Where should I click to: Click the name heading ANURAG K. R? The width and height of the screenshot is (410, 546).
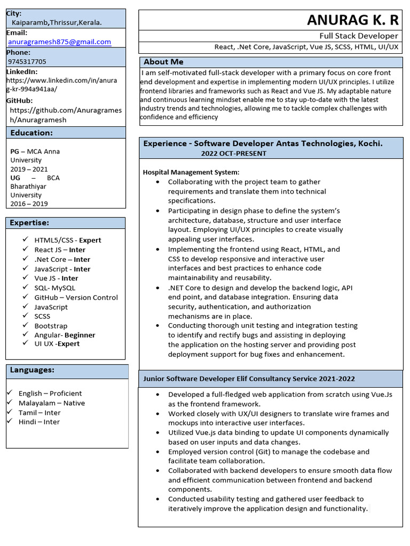click(352, 20)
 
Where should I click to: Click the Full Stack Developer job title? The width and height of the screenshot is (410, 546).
click(358, 36)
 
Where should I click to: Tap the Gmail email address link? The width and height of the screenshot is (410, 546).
click(59, 42)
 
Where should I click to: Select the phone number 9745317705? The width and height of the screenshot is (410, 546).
click(27, 61)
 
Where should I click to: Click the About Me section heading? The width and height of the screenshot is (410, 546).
click(163, 62)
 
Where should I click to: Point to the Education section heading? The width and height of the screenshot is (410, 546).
click(31, 133)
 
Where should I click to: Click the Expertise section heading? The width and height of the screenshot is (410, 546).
click(29, 223)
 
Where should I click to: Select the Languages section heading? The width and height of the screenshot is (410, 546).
click(32, 370)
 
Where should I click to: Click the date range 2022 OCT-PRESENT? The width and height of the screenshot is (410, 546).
click(234, 154)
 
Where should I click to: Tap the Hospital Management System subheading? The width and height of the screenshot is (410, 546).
click(191, 172)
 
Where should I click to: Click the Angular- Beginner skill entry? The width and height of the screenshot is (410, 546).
click(65, 335)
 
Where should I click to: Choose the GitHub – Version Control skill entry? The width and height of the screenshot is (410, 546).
click(76, 298)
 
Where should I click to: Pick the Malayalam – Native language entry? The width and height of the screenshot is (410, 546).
click(52, 403)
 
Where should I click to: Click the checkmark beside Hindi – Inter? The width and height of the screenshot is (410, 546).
click(10, 421)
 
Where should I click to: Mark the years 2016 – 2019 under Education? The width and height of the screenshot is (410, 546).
click(29, 204)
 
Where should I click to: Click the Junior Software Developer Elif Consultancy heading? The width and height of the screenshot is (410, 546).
click(249, 379)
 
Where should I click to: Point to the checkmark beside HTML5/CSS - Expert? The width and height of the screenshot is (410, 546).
click(25, 239)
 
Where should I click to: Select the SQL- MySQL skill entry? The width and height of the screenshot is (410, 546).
click(55, 288)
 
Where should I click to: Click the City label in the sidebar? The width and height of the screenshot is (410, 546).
click(14, 13)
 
